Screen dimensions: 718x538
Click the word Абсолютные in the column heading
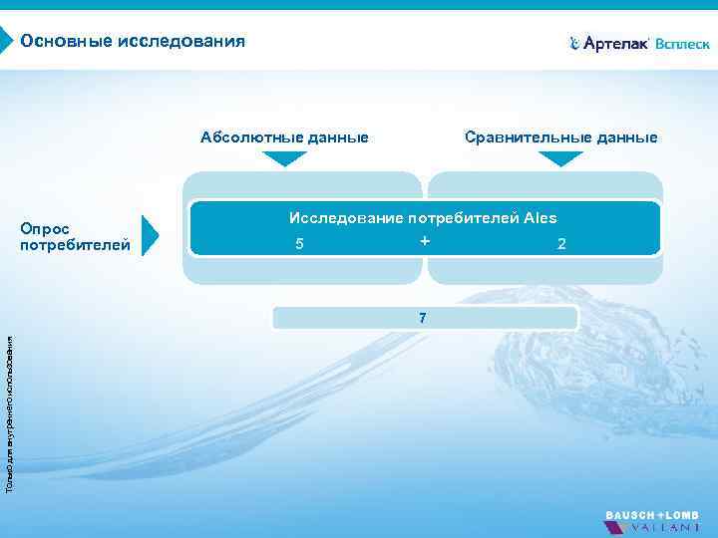click(246, 137)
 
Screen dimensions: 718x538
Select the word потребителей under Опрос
click(75, 244)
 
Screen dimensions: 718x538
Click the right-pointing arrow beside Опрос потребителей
click(150, 235)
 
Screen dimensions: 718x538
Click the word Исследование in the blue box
click(346, 218)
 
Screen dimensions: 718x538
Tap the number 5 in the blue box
click(299, 244)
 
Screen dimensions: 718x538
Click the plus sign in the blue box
click(425, 241)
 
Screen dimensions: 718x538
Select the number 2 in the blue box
click(561, 244)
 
